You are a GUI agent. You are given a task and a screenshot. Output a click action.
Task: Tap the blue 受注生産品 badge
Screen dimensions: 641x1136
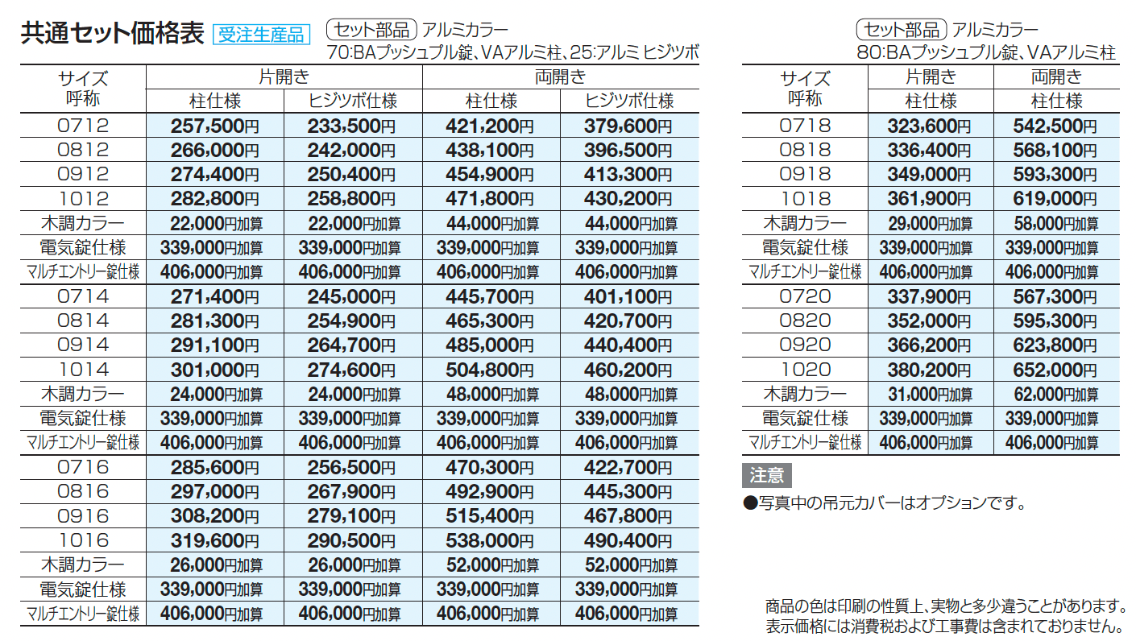(x=261, y=34)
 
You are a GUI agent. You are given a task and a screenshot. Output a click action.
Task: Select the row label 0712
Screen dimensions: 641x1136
(x=83, y=126)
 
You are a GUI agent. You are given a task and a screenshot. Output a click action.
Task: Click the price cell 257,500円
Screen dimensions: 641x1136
(x=214, y=126)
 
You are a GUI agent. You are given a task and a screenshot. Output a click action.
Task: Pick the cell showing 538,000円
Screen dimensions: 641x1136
(x=490, y=540)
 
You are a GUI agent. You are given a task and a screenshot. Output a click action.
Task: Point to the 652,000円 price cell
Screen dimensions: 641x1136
(x=1056, y=370)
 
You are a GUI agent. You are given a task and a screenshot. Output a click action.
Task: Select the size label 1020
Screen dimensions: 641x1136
(x=805, y=370)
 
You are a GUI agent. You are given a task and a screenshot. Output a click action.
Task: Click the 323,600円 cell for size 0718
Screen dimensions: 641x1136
(x=930, y=126)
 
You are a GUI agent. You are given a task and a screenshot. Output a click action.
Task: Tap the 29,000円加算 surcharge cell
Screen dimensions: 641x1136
(x=930, y=224)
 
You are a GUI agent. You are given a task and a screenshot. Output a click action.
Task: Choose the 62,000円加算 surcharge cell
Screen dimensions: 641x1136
(x=1056, y=395)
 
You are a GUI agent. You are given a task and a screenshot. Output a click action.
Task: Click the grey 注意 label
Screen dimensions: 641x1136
(x=766, y=475)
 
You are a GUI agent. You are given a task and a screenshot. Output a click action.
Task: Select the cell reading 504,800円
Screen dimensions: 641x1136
(x=490, y=370)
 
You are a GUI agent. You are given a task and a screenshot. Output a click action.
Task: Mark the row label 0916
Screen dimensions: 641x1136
(x=83, y=516)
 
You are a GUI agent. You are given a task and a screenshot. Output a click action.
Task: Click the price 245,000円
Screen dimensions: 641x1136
(x=351, y=297)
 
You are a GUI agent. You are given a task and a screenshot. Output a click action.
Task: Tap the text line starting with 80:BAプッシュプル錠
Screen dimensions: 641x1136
(x=986, y=53)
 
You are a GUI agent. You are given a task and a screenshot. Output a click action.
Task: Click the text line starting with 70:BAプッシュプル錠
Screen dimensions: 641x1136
(x=512, y=53)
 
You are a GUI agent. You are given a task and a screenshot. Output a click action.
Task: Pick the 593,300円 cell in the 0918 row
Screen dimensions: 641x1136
(x=1056, y=175)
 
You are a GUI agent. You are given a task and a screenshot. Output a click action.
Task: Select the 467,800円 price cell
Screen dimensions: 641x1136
(x=628, y=516)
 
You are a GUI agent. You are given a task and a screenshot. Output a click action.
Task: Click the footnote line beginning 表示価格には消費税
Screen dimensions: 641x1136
(x=944, y=625)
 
